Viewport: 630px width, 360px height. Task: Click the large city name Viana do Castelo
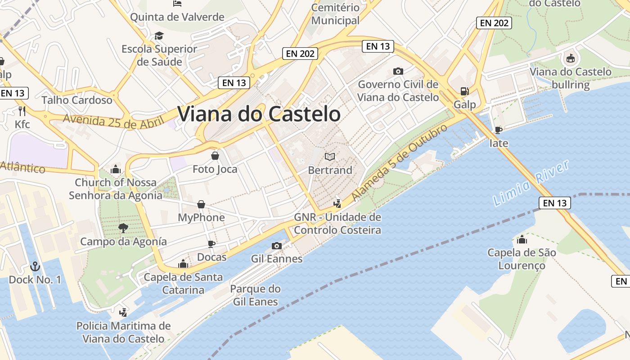pos(259,114)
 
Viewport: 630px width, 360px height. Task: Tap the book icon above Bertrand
pos(330,157)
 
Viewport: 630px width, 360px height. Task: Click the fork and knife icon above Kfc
pos(22,111)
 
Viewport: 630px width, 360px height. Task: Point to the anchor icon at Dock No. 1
pos(35,266)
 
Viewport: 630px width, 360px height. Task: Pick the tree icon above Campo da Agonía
pos(123,228)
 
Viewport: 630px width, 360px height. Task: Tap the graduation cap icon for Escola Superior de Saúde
pos(159,36)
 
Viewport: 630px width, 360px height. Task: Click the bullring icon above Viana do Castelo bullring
pos(570,58)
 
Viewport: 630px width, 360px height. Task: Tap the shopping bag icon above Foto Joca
pos(215,156)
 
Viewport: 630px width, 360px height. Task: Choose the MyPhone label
pos(201,218)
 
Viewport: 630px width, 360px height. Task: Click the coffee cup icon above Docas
pos(211,244)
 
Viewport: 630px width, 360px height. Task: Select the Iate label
pos(499,144)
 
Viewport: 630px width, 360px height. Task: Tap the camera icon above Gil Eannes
pos(277,246)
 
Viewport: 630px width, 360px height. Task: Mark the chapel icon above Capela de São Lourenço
pos(522,239)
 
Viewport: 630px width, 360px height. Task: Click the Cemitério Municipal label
pos(335,14)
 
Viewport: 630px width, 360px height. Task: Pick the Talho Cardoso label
pos(77,100)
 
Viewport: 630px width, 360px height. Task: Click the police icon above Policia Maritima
pos(123,312)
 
